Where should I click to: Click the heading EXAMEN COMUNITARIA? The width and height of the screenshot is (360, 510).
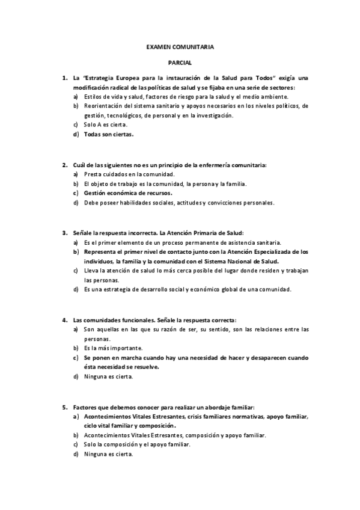180,46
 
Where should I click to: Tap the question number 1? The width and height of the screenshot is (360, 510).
64,78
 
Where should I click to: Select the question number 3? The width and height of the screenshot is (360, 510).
64,232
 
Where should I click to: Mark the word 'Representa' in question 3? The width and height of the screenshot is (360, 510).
100,251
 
